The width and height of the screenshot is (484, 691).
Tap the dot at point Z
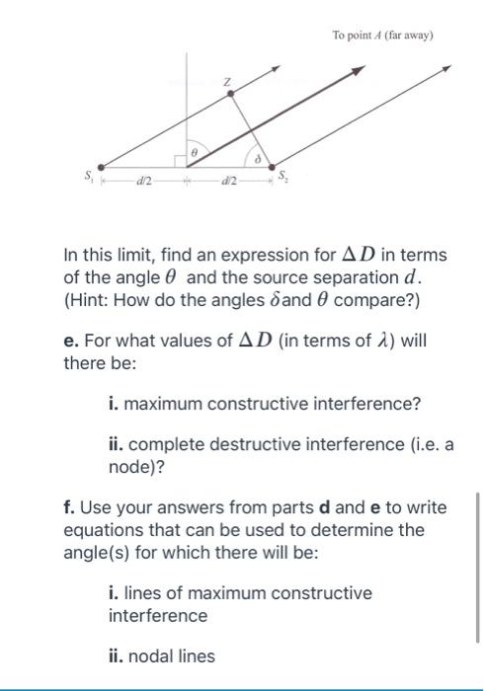point(231,95)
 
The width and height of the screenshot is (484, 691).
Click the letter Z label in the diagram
point(225,79)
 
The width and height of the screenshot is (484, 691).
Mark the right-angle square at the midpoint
point(182,161)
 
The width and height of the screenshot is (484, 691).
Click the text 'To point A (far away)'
point(383,36)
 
